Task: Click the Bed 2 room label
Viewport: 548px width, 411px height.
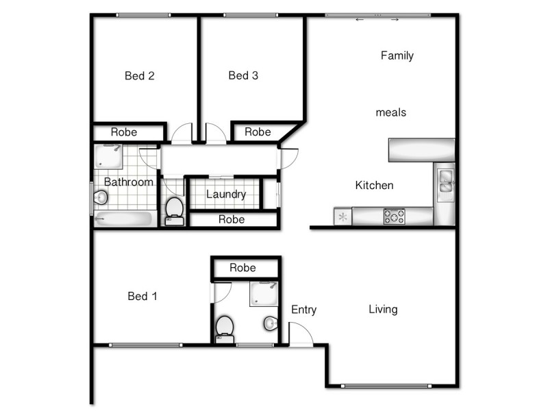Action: [139, 76]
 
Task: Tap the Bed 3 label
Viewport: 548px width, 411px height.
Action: [243, 75]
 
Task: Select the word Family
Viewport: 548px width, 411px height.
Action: [397, 55]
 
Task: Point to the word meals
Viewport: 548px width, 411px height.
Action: [391, 112]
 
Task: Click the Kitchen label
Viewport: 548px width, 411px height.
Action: [374, 185]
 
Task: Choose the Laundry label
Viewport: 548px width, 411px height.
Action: [226, 195]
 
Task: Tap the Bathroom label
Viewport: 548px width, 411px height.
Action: [128, 182]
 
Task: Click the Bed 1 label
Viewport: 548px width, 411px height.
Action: [142, 296]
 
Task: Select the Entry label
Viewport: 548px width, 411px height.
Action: [303, 310]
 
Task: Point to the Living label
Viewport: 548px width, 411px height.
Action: [383, 309]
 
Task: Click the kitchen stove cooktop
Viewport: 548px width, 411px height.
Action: [394, 216]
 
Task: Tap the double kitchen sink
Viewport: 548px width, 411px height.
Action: [445, 181]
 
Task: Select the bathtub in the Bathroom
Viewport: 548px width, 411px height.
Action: [124, 219]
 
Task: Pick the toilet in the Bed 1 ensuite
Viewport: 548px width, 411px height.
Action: [225, 327]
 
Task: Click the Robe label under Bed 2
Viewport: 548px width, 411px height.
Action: [124, 132]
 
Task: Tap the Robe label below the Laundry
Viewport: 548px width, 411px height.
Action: [232, 220]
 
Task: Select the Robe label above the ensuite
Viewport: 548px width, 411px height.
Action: [242, 268]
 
